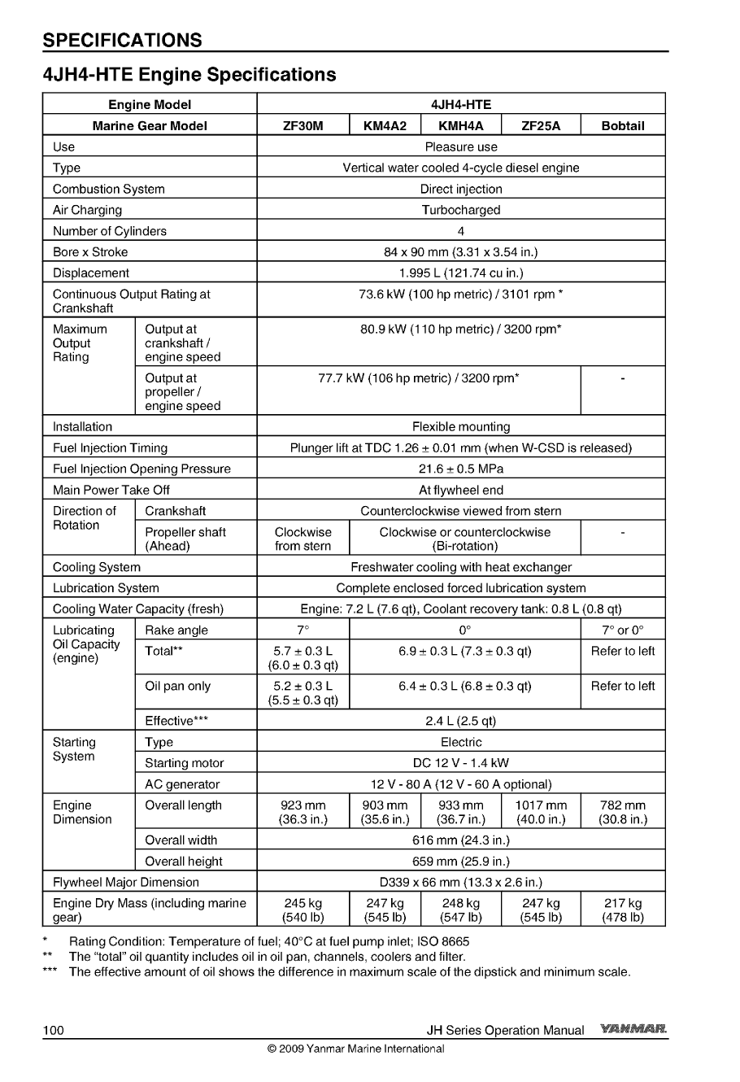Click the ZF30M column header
coord(303,125)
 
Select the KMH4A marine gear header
coord(460,125)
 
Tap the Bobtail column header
coord(622,125)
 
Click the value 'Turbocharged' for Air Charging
coord(460,210)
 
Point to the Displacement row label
coord(91,273)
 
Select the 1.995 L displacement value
coord(460,273)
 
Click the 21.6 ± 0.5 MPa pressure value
coord(460,469)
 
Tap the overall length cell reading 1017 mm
coord(541,812)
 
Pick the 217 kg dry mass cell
coord(622,910)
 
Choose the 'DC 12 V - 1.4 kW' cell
coord(460,763)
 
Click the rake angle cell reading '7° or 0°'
coord(622,630)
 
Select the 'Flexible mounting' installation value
coord(460,426)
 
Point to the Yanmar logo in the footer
coord(633,1029)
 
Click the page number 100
coord(54,1031)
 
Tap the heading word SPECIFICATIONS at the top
coord(122,40)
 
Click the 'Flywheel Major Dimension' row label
coord(125,882)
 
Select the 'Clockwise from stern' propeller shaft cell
coord(303,539)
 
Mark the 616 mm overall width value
coord(460,840)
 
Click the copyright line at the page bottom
coord(355,1049)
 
